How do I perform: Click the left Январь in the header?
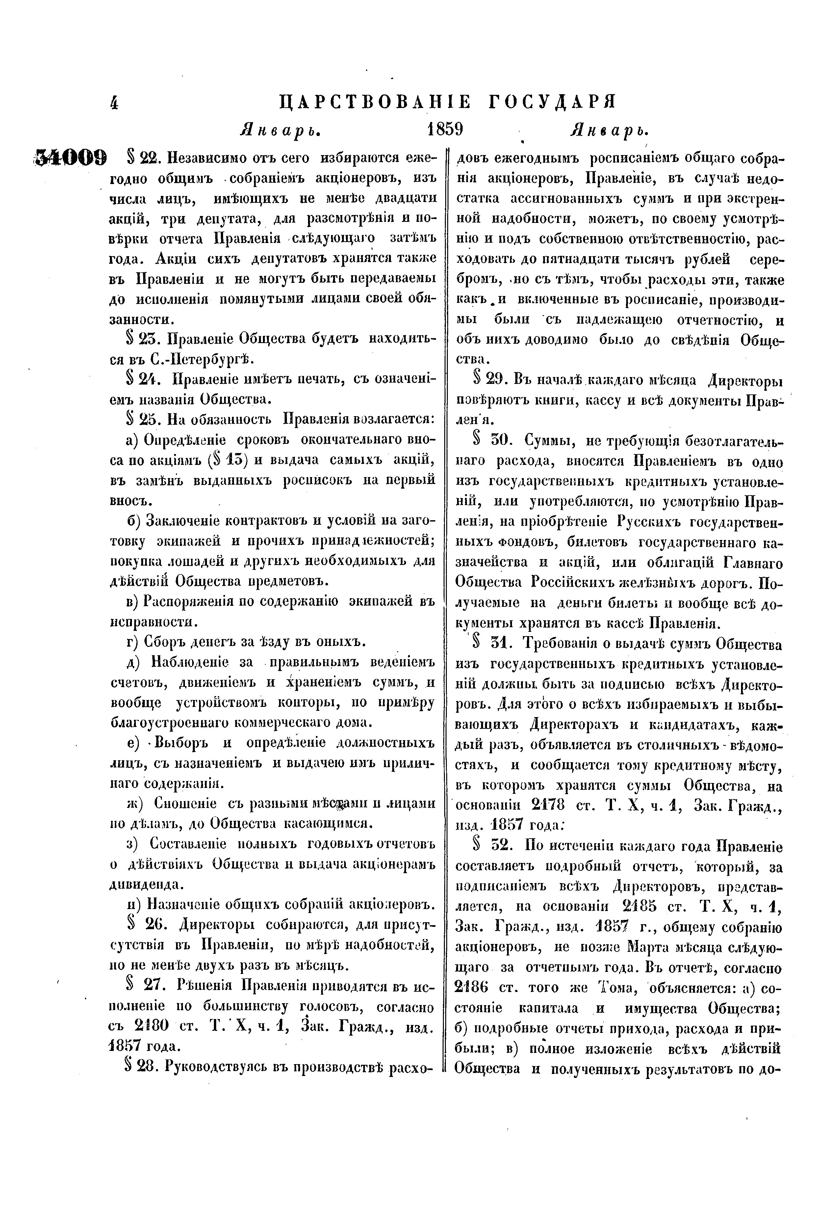[x=279, y=129]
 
